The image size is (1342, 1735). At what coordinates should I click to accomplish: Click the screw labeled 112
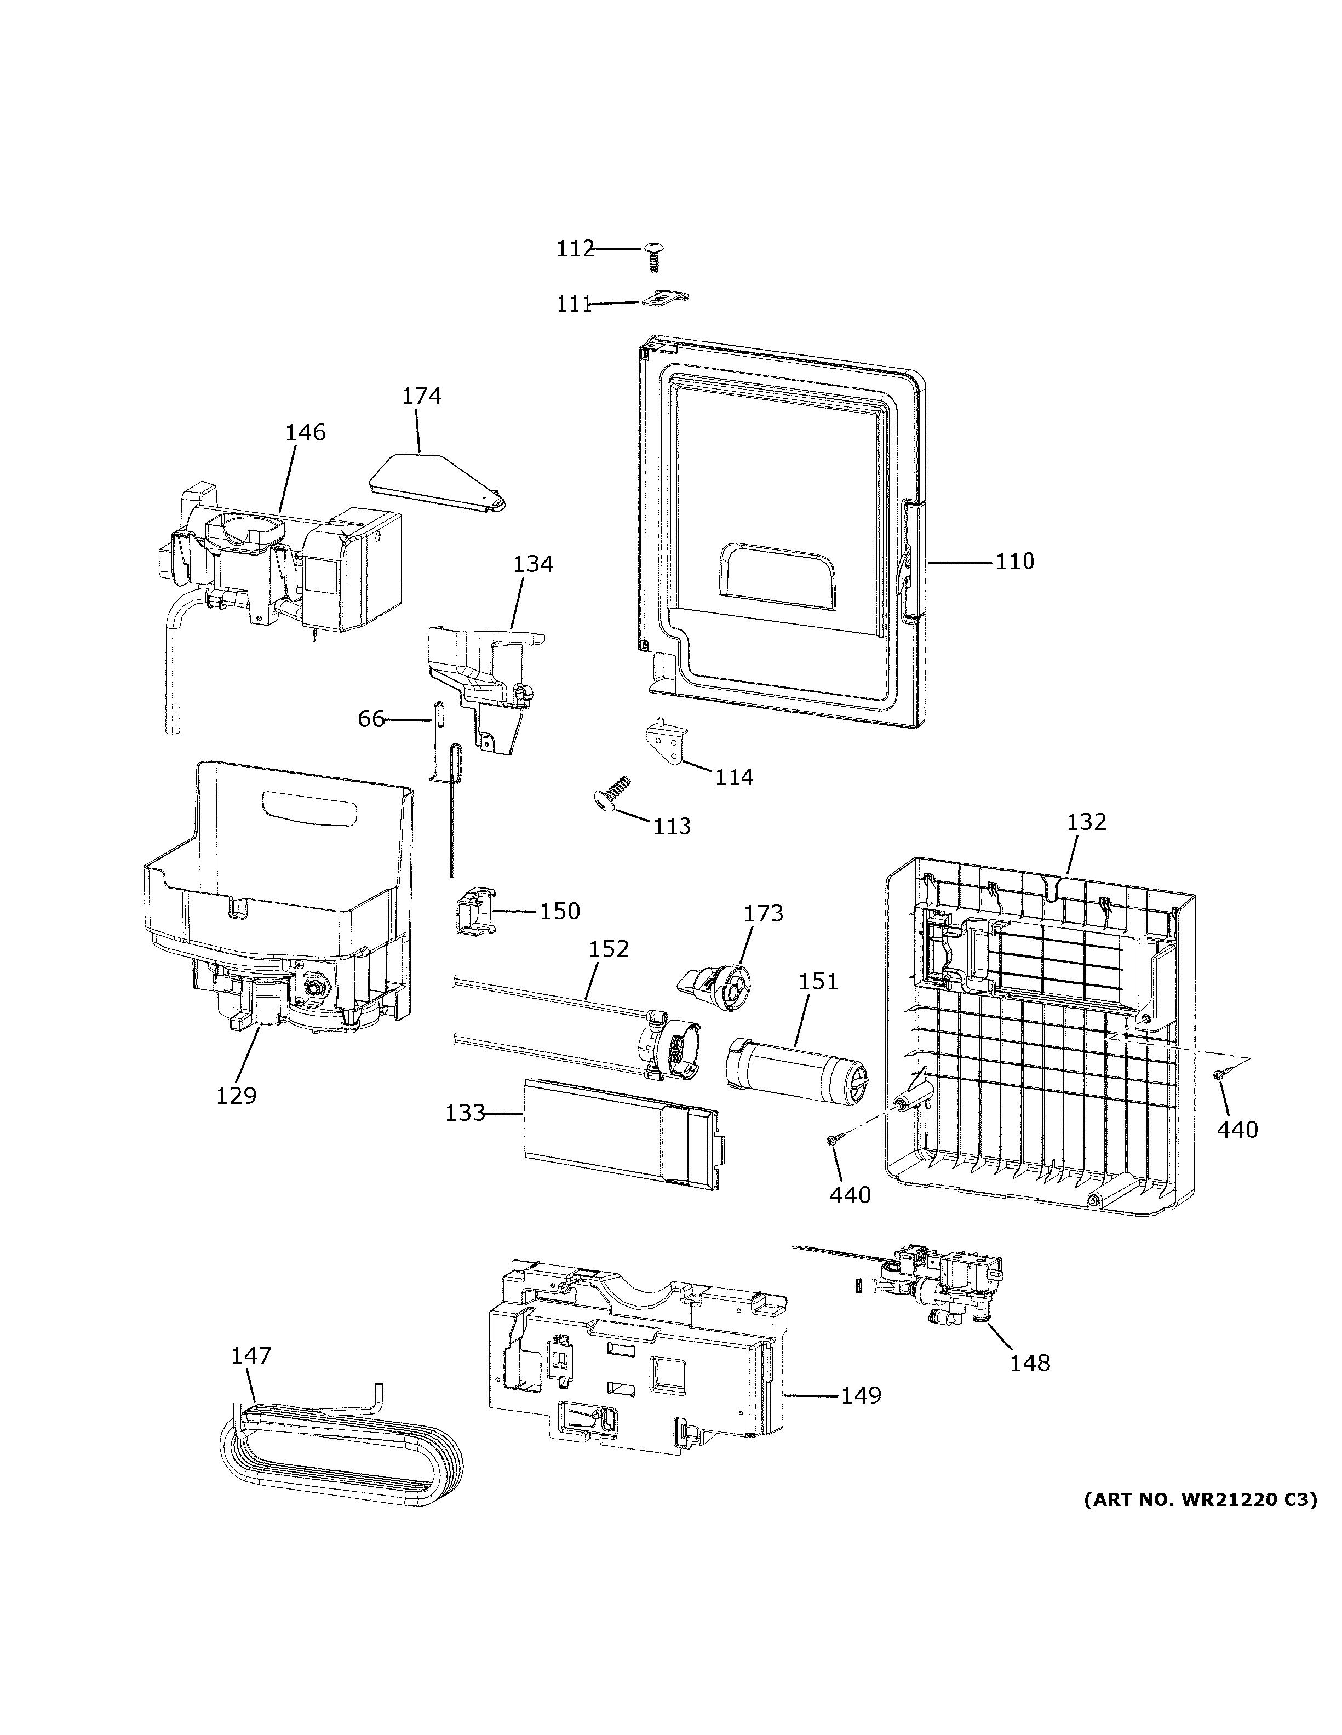(655, 256)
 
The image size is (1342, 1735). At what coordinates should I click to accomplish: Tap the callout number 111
(573, 304)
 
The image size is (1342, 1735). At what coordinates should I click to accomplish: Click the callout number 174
(421, 396)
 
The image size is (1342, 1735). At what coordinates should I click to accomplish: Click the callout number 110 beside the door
(1015, 561)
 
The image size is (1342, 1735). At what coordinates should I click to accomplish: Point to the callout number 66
(371, 719)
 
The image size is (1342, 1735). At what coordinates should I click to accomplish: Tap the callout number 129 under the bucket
(237, 1096)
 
